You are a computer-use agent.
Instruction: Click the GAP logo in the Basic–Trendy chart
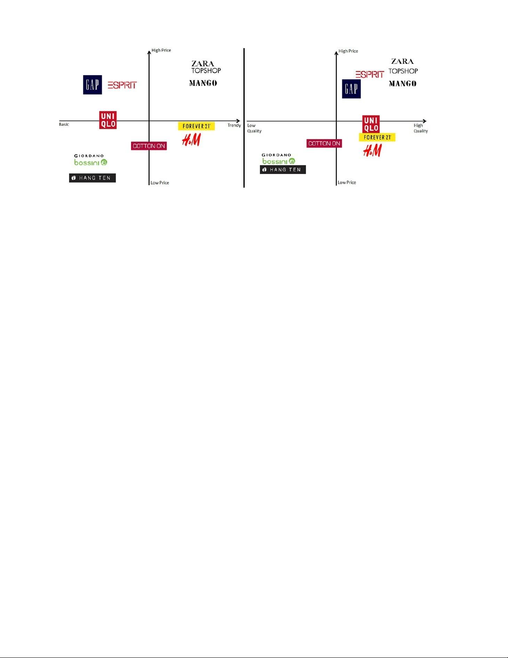[x=92, y=85]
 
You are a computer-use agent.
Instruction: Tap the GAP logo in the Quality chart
[x=351, y=89]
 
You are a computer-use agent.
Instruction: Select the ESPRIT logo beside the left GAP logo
[x=122, y=85]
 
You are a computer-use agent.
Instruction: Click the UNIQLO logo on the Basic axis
[x=108, y=120]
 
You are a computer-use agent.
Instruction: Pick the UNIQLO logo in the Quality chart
[x=371, y=124]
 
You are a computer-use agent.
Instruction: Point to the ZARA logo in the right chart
[x=403, y=61]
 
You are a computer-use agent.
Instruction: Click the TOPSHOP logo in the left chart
[x=206, y=71]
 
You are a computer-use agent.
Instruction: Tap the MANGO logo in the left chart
[x=203, y=83]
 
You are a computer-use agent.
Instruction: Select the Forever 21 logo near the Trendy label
[x=196, y=126]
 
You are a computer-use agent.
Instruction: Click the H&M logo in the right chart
[x=372, y=150]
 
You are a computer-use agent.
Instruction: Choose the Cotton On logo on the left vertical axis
[x=149, y=146]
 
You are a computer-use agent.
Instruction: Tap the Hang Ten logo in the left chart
[x=92, y=178]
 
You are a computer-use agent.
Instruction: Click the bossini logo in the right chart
[x=279, y=161]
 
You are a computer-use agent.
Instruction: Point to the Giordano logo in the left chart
[x=89, y=156]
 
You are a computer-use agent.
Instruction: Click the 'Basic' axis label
[x=64, y=125]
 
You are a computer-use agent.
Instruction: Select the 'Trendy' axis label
[x=234, y=125]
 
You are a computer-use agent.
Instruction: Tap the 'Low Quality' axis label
[x=254, y=128]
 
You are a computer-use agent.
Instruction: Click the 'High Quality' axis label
[x=420, y=128]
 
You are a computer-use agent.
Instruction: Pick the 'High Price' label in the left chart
[x=161, y=50]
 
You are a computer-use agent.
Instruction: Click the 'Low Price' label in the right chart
[x=347, y=183]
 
